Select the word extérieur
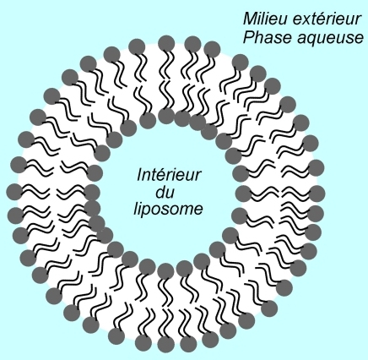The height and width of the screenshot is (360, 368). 326,19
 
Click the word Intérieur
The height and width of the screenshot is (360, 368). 169,175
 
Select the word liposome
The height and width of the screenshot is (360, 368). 168,210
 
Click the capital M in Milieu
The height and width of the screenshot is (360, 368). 250,19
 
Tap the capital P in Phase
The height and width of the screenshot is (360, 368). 249,37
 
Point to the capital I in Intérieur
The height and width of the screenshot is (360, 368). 140,175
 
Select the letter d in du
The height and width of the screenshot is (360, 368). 160,192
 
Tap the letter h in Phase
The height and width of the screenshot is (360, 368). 260,37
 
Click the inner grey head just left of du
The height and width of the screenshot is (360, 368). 92,194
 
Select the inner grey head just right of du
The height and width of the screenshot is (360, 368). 244,194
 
